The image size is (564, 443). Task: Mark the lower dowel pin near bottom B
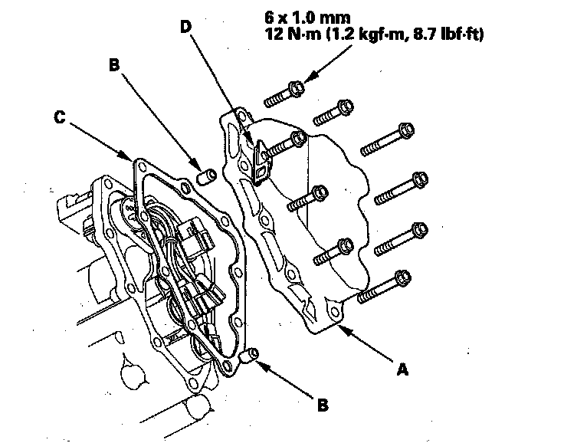(248, 356)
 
